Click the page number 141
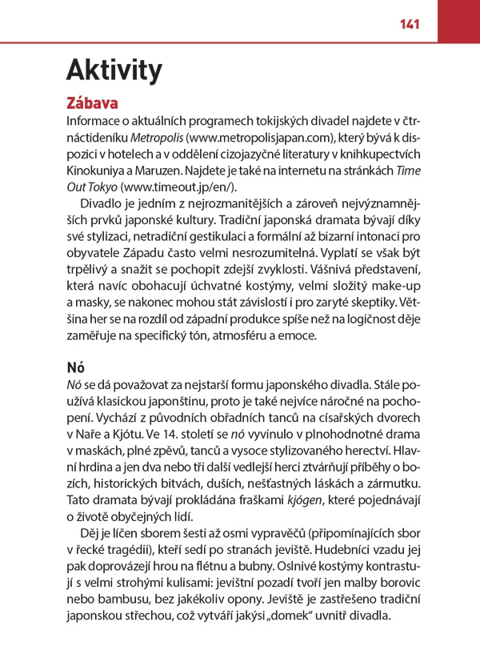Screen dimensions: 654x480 410,24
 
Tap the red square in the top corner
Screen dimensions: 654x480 458,21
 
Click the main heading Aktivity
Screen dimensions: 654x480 114,70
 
